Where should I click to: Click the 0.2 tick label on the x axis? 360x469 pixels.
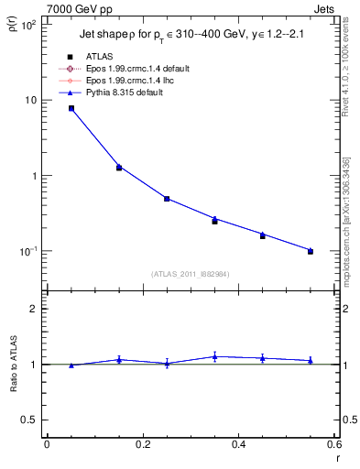142,444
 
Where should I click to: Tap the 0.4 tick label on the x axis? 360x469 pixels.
238,444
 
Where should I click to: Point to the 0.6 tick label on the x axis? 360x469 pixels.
334,444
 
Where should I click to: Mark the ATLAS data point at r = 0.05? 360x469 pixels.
71,109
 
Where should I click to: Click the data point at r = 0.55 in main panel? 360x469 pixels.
311,251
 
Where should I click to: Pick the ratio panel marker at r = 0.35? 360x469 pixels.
214,356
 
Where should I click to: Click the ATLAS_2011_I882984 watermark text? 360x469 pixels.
190,274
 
